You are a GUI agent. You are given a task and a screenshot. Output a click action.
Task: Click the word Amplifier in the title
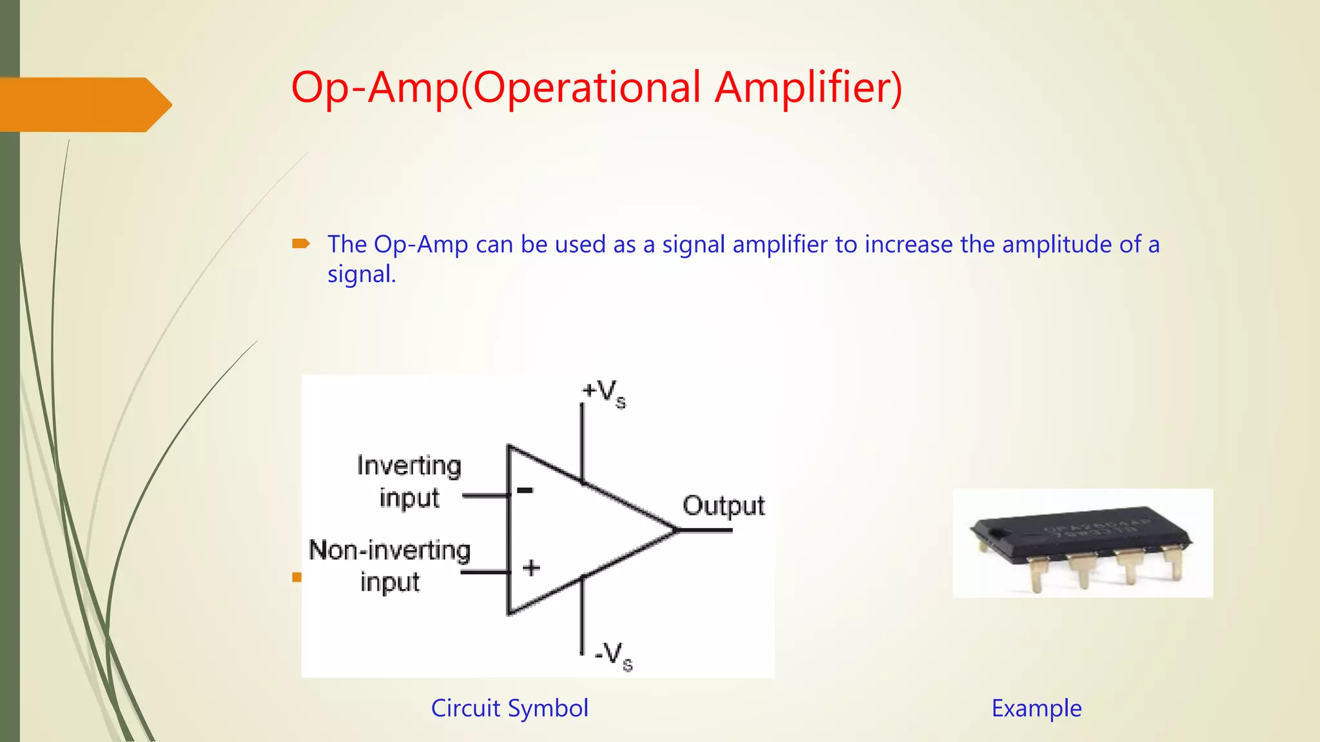pos(808,88)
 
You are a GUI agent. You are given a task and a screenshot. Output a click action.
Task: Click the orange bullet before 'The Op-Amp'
pos(300,243)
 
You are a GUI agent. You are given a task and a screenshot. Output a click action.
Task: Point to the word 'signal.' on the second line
pos(362,274)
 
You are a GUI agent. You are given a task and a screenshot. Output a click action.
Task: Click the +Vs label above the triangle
pos(603,392)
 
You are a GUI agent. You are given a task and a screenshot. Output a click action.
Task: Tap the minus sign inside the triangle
pos(525,491)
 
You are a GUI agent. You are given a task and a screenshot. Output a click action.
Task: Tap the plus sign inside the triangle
pos(531,567)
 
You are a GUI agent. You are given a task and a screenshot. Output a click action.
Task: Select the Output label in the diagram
pos(723,506)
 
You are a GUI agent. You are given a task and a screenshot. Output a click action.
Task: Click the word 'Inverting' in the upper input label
pos(409,466)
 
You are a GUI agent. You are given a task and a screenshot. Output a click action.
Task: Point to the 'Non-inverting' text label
pos(390,551)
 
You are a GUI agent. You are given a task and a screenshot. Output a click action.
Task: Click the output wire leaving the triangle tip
pos(706,530)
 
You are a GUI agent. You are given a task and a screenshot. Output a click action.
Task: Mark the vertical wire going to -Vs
pos(582,615)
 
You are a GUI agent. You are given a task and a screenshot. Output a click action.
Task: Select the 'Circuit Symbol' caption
pos(509,708)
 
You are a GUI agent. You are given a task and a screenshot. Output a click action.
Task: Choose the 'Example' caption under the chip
pos(1036,708)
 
